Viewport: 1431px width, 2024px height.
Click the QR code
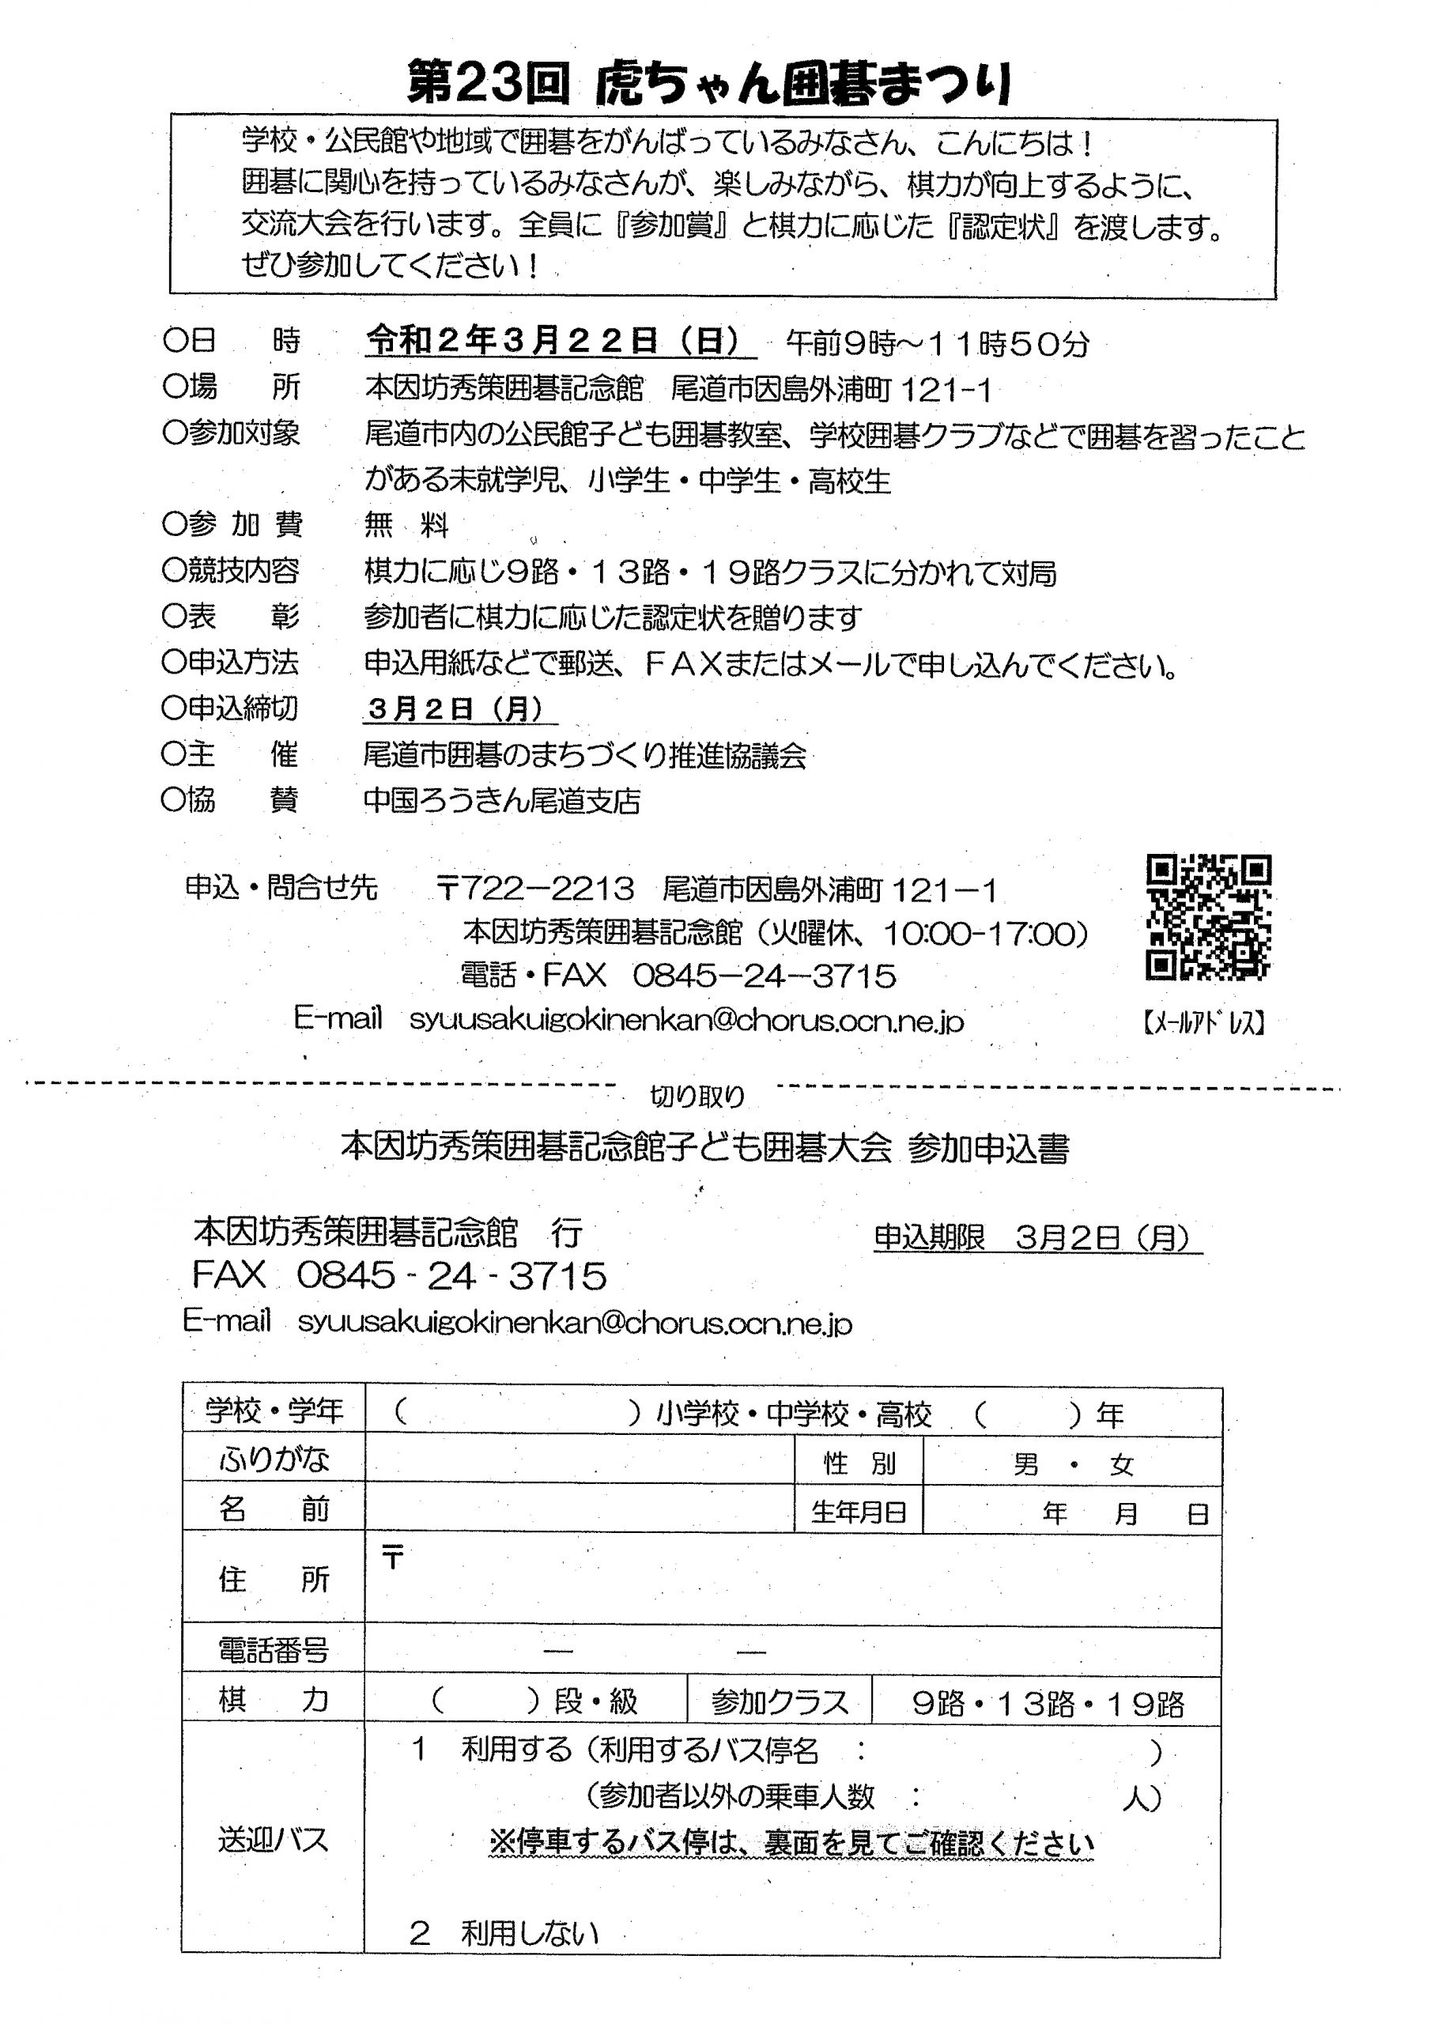[1208, 917]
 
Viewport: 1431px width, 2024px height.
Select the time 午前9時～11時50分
[937, 344]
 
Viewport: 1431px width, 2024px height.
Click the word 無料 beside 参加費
[406, 527]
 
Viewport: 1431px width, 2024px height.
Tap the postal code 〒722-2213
[535, 889]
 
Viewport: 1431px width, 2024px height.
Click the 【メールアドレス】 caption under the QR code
[1204, 1022]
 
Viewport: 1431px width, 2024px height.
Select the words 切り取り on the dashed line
[697, 1096]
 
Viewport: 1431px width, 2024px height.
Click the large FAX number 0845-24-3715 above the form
[451, 1275]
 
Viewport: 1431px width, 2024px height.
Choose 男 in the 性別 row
[1025, 1464]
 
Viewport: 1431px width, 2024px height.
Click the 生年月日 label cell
[859, 1512]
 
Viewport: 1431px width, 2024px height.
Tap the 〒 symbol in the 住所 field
[392, 1558]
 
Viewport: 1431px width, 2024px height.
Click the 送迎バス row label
[273, 1841]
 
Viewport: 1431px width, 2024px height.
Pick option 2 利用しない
[504, 1933]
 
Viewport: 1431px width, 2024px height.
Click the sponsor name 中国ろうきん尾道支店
[502, 800]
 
